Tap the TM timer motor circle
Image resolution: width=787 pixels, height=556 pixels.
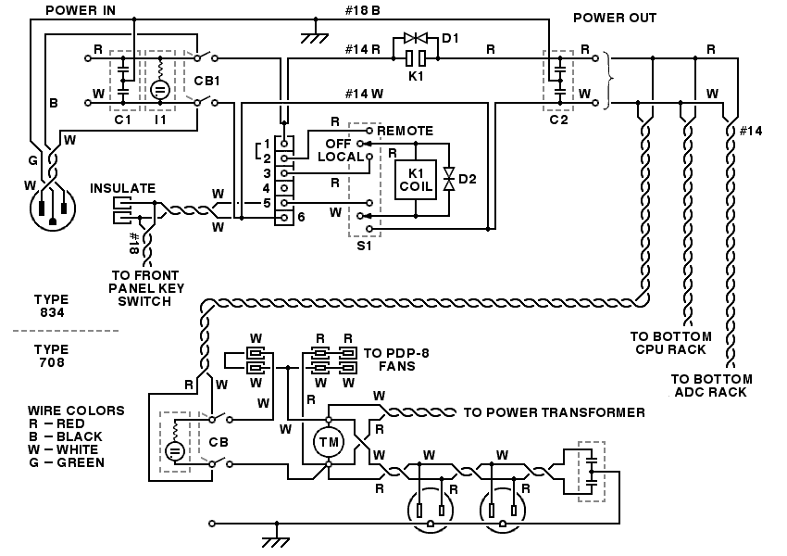point(329,443)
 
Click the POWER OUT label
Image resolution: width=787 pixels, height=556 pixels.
point(615,18)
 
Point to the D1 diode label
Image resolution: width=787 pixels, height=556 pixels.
point(451,38)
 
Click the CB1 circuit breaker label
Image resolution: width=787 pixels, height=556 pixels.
point(207,81)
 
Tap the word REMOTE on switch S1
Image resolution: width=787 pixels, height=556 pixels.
point(405,131)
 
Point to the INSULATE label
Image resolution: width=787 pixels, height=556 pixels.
point(122,188)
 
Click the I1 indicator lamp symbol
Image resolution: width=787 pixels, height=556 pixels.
point(159,90)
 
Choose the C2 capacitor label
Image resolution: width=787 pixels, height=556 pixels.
point(557,120)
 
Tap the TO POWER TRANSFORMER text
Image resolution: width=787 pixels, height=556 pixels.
point(554,412)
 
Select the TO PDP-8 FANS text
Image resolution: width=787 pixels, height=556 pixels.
point(388,360)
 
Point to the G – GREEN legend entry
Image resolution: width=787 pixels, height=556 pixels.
point(66,462)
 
